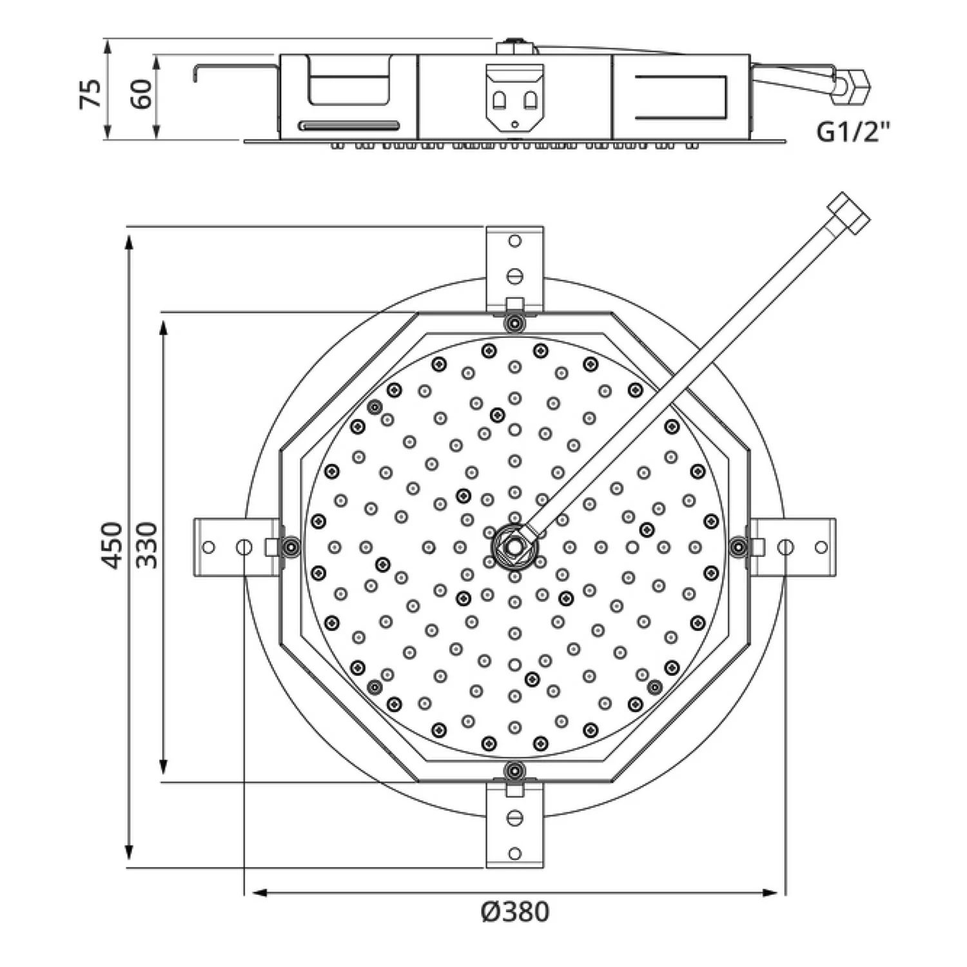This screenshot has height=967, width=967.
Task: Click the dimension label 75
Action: click(90, 93)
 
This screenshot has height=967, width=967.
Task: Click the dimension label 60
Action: click(142, 93)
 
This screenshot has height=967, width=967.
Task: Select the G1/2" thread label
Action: click(852, 132)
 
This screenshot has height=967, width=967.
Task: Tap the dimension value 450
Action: click(113, 545)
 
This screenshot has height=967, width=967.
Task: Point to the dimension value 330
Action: click(148, 545)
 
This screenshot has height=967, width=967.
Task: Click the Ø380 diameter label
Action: click(515, 912)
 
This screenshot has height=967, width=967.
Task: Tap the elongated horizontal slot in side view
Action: click(349, 125)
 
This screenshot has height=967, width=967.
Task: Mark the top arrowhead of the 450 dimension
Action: click(130, 242)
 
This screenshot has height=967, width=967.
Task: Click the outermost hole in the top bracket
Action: click(514, 241)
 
